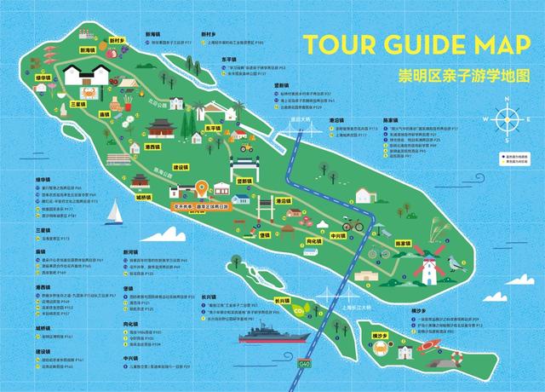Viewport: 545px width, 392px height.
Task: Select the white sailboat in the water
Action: point(112,212)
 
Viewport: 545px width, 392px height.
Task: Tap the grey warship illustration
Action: point(272,333)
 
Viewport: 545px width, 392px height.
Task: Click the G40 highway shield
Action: point(304,363)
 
